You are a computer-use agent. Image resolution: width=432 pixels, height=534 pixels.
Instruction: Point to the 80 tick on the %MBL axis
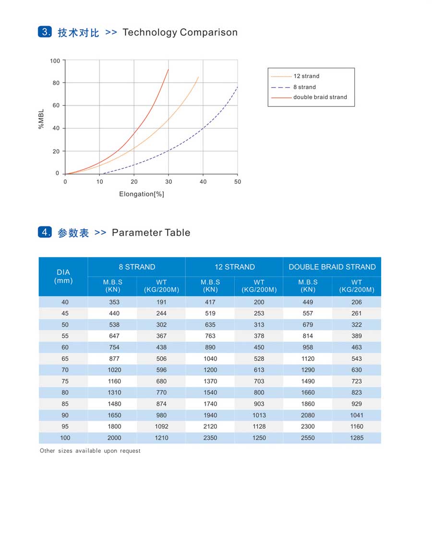click(x=56, y=83)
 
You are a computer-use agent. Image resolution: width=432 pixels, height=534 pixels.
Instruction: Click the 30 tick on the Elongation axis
click(x=168, y=181)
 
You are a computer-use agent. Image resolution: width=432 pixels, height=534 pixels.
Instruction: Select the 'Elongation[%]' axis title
click(x=142, y=194)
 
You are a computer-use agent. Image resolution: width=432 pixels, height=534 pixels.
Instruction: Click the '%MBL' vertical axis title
click(x=41, y=119)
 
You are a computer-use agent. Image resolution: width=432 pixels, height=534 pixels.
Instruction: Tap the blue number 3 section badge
click(x=45, y=32)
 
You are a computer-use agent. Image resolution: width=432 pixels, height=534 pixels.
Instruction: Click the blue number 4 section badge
click(x=45, y=232)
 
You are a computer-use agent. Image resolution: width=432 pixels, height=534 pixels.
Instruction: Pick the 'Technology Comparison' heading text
click(x=180, y=32)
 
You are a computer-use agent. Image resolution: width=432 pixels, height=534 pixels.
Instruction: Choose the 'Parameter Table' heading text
click(x=151, y=232)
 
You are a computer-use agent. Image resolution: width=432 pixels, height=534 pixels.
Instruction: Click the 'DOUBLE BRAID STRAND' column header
click(x=332, y=267)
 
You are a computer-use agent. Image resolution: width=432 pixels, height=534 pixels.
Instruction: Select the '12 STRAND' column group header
click(x=235, y=267)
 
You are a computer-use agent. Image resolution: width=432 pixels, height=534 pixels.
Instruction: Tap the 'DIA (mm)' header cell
click(x=63, y=276)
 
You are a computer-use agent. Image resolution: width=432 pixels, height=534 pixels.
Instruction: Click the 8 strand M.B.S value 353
click(x=114, y=302)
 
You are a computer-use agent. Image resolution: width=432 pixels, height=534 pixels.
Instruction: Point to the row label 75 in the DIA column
click(x=65, y=381)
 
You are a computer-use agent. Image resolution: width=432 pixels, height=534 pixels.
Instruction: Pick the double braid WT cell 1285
click(x=357, y=438)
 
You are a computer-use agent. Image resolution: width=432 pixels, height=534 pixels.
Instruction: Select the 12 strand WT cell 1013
click(x=259, y=415)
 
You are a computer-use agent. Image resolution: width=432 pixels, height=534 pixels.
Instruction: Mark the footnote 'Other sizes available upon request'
click(x=90, y=451)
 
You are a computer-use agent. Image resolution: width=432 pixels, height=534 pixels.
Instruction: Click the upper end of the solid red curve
click(x=168, y=69)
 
